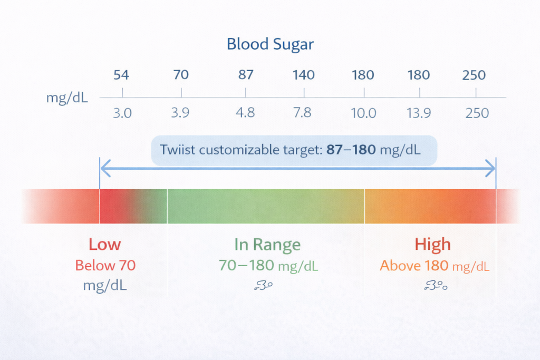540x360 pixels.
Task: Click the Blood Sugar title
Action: tap(270, 44)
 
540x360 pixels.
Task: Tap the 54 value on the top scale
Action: tap(121, 75)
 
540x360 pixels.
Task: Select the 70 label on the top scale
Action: tap(181, 75)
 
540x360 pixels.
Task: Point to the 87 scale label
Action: tap(246, 75)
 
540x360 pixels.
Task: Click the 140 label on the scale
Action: tap(304, 75)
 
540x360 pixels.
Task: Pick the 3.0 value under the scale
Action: tap(122, 113)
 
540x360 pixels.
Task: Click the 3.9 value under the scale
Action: tap(181, 113)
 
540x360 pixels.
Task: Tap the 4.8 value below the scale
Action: tap(246, 113)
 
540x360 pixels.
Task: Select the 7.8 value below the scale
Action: tap(303, 113)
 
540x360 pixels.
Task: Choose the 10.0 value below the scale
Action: tap(364, 113)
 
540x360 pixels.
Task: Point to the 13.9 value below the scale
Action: tap(419, 113)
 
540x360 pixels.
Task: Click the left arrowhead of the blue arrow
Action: tap(104, 169)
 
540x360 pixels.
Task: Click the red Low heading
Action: tap(104, 245)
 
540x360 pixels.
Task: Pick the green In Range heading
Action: tap(267, 245)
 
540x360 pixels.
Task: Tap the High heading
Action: tap(432, 245)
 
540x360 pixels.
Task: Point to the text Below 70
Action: tap(105, 266)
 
